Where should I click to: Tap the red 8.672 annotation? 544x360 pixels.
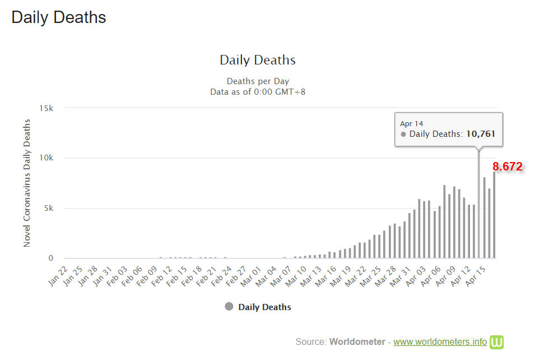point(507,167)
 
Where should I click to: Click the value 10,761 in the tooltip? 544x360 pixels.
point(481,134)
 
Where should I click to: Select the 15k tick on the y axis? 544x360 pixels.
point(46,107)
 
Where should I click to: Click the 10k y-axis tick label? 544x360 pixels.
point(46,158)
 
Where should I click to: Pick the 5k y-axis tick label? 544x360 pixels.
point(48,208)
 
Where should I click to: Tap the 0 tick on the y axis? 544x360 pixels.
point(50,259)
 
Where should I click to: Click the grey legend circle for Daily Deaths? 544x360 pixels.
point(229,307)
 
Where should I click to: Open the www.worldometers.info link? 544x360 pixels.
point(440,341)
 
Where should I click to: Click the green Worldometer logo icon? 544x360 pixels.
point(497,341)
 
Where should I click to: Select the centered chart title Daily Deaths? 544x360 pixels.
point(258,60)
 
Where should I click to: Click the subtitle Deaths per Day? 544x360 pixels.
point(258,81)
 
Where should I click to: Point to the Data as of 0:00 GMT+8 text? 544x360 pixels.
point(258,91)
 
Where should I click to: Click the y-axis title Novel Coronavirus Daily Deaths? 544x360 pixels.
point(27,183)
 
